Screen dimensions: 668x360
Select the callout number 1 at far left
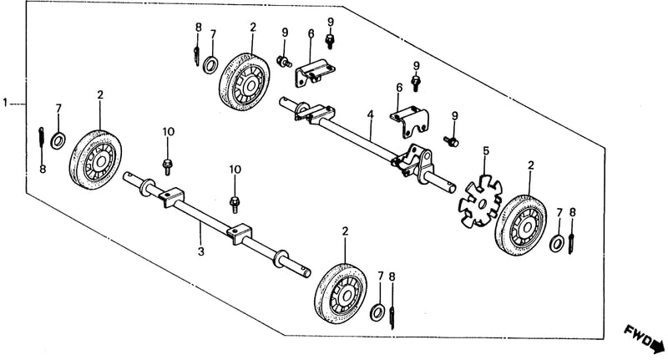pos(5,103)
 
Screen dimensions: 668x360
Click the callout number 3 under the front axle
pos(201,251)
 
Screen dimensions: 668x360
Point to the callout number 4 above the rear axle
pos(371,114)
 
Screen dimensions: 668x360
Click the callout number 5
pos(486,151)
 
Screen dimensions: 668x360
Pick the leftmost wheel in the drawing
pos(95,160)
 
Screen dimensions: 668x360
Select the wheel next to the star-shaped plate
pos(521,226)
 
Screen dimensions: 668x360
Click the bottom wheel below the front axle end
pos(341,294)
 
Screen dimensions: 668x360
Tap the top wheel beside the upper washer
pos(245,82)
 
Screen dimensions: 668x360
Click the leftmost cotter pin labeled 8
pos(41,137)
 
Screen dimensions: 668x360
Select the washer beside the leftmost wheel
pos(58,140)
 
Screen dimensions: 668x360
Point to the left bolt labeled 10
pos(168,166)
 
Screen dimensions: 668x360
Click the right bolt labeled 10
pos(235,204)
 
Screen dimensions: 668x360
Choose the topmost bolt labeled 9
pos(330,42)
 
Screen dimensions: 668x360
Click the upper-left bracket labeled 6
pos(315,74)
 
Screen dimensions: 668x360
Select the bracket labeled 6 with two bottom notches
pos(409,123)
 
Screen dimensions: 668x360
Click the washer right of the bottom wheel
pos(377,312)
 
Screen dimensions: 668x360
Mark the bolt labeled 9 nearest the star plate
pos(451,141)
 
